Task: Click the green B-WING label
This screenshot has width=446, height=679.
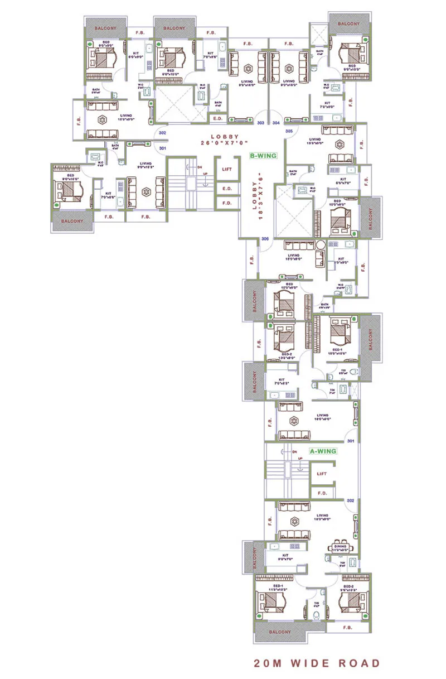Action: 264,156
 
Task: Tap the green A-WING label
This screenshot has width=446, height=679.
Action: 323,451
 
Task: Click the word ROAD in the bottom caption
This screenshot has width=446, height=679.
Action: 360,663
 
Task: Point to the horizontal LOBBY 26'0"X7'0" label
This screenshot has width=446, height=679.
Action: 225,139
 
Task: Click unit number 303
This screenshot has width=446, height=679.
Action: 260,122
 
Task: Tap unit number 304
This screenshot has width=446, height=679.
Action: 276,122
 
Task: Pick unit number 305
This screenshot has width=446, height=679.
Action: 289,131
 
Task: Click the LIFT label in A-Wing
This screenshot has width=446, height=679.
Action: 322,474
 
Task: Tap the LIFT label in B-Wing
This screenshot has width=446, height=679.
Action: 227,168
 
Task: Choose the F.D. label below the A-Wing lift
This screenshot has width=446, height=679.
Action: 322,493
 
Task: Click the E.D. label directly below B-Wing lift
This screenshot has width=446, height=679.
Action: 227,189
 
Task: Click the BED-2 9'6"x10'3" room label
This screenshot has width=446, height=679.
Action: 350,587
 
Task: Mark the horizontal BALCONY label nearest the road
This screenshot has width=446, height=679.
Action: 279,632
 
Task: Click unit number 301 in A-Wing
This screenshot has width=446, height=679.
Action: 351,441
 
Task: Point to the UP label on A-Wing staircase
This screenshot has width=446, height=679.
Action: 299,459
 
